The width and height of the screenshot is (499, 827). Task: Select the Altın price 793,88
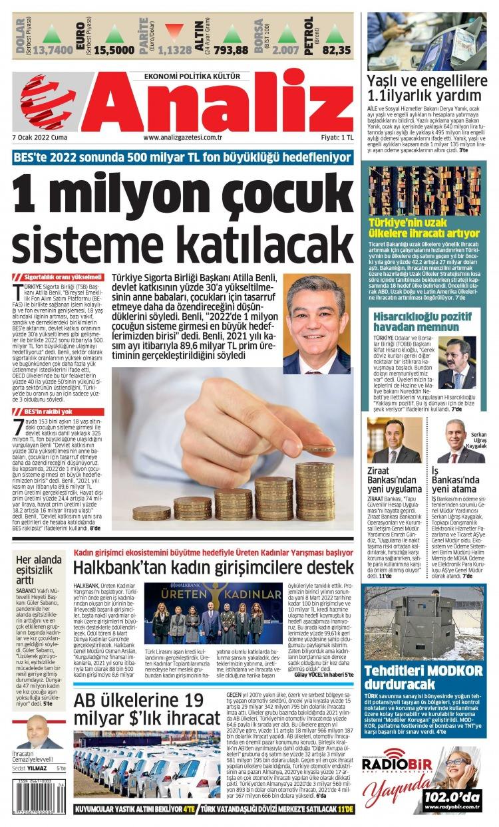[232, 50]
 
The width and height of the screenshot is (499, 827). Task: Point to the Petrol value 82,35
[337, 50]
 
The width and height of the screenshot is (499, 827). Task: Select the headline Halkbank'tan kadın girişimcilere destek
[213, 567]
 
